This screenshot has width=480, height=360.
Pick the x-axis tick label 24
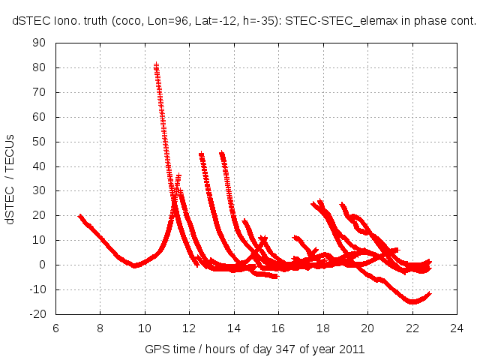(x=457, y=328)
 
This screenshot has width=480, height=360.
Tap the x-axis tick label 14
(x=233, y=328)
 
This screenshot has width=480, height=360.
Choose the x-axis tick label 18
(x=322, y=328)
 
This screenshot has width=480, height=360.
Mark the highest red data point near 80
(x=156, y=65)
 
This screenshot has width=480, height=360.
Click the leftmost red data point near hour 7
(x=80, y=216)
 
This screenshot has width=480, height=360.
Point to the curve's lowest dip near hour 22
(x=412, y=301)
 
